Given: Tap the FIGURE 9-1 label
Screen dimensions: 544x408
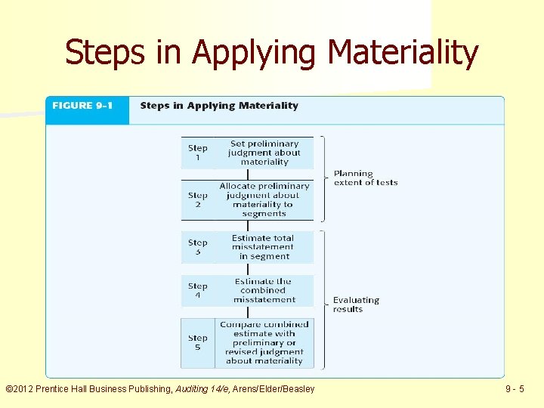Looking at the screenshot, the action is pyautogui.click(x=82, y=106).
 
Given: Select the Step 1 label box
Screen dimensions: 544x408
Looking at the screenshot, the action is pyautogui.click(x=197, y=153).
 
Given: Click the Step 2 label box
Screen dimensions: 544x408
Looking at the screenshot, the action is pyautogui.click(x=197, y=199).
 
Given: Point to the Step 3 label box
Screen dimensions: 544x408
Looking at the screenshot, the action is pyautogui.click(x=197, y=247).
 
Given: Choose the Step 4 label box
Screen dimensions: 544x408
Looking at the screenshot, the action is pyautogui.click(x=197, y=290).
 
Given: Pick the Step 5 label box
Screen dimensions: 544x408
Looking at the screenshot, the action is pyautogui.click(x=197, y=342).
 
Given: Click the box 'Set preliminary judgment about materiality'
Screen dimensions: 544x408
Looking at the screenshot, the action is pyautogui.click(x=264, y=153).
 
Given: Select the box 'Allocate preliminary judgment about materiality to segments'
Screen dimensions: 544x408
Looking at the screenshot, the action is pyautogui.click(x=264, y=199).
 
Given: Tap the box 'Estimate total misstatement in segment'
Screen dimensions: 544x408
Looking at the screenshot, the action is pyautogui.click(x=264, y=247).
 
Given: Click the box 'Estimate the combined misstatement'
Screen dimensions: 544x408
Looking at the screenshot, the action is pyautogui.click(x=264, y=290).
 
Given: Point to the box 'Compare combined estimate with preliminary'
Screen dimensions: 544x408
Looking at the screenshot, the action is pyautogui.click(x=264, y=342).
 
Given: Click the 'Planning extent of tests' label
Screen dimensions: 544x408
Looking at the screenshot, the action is pyautogui.click(x=365, y=178).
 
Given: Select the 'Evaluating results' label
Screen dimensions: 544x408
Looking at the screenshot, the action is pyautogui.click(x=356, y=304).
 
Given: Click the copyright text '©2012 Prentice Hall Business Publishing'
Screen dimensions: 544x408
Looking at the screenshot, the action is pyautogui.click(x=88, y=389).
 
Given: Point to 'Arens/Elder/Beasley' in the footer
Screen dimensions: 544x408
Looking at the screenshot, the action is pyautogui.click(x=274, y=389).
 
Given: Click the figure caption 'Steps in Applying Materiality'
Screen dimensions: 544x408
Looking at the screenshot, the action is pyautogui.click(x=219, y=106).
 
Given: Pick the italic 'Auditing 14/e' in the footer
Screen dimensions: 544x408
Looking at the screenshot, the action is pyautogui.click(x=203, y=389).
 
